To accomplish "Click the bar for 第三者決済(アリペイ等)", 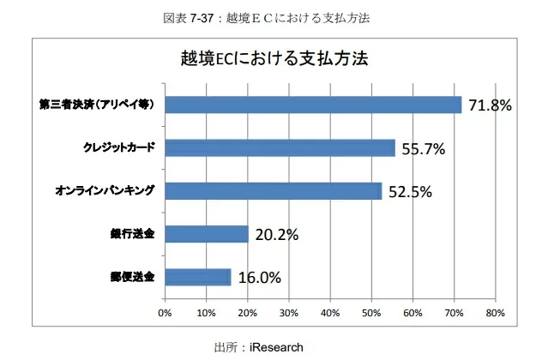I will [313, 105].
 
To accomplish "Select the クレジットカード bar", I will [280, 147].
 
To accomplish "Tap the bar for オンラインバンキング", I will [273, 190].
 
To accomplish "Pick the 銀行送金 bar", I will [206, 233].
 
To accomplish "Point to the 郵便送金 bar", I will [197, 276].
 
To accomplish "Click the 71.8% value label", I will [490, 105].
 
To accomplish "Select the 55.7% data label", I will [423, 148].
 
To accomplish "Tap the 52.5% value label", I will [410, 191].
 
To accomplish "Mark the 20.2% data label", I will [276, 234].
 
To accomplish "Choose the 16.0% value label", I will [259, 277].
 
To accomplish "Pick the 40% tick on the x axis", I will [330, 312].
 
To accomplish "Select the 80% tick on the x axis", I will [495, 312].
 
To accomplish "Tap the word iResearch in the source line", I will [277, 347].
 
